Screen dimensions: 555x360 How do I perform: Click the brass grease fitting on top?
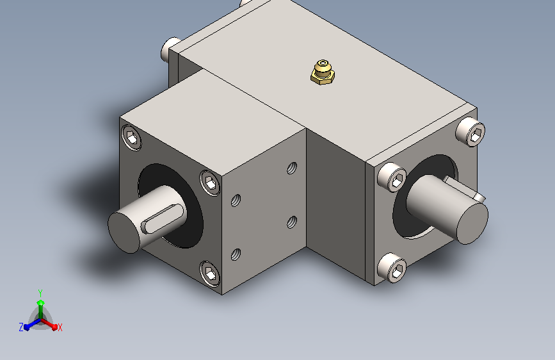[x=323, y=72]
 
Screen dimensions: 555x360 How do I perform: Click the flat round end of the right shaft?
[x=472, y=223]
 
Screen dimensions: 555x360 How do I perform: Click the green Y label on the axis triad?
[x=40, y=293]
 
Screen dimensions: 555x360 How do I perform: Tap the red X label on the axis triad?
[x=60, y=328]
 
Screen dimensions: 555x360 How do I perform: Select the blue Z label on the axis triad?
[x=21, y=327]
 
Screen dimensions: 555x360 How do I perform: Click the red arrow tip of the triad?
[x=54, y=327]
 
